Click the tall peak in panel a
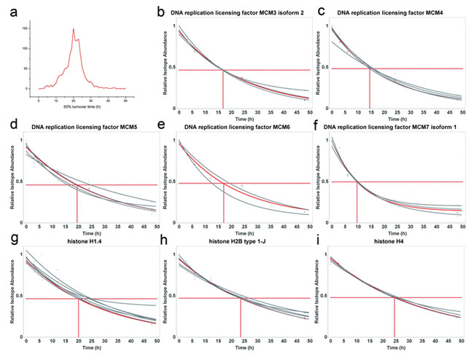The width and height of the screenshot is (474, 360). click(73, 31)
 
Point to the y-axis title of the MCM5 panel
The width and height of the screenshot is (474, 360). click(10, 179)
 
